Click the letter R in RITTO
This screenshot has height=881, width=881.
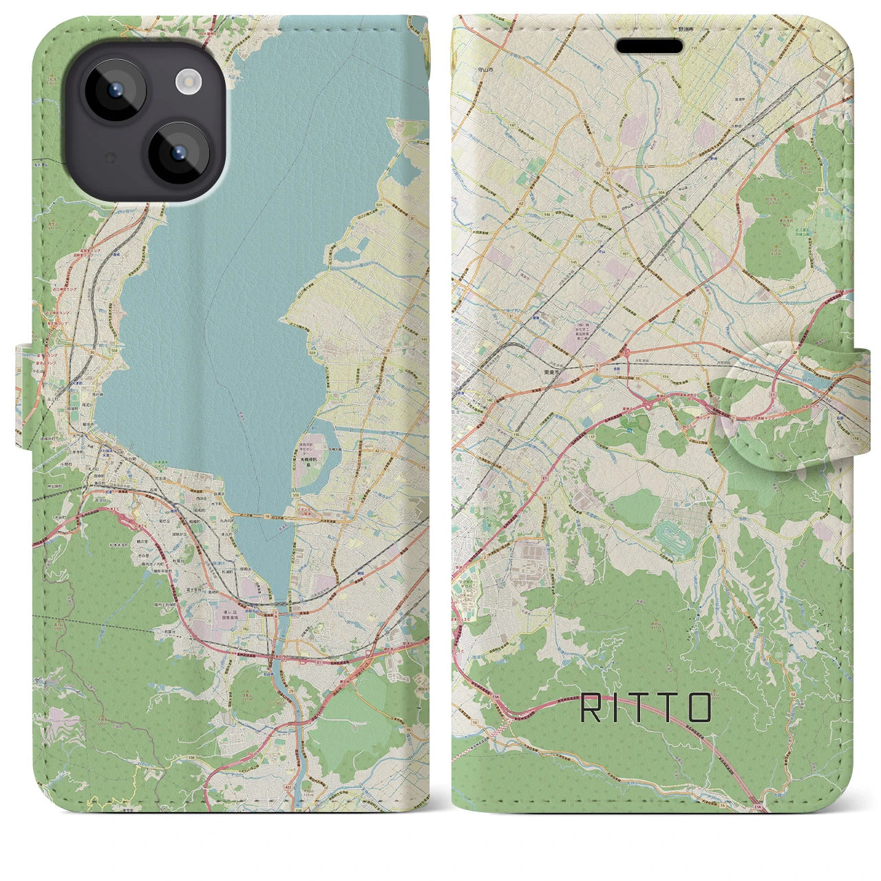(x=589, y=708)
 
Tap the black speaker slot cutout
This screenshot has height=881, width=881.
(x=649, y=46)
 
